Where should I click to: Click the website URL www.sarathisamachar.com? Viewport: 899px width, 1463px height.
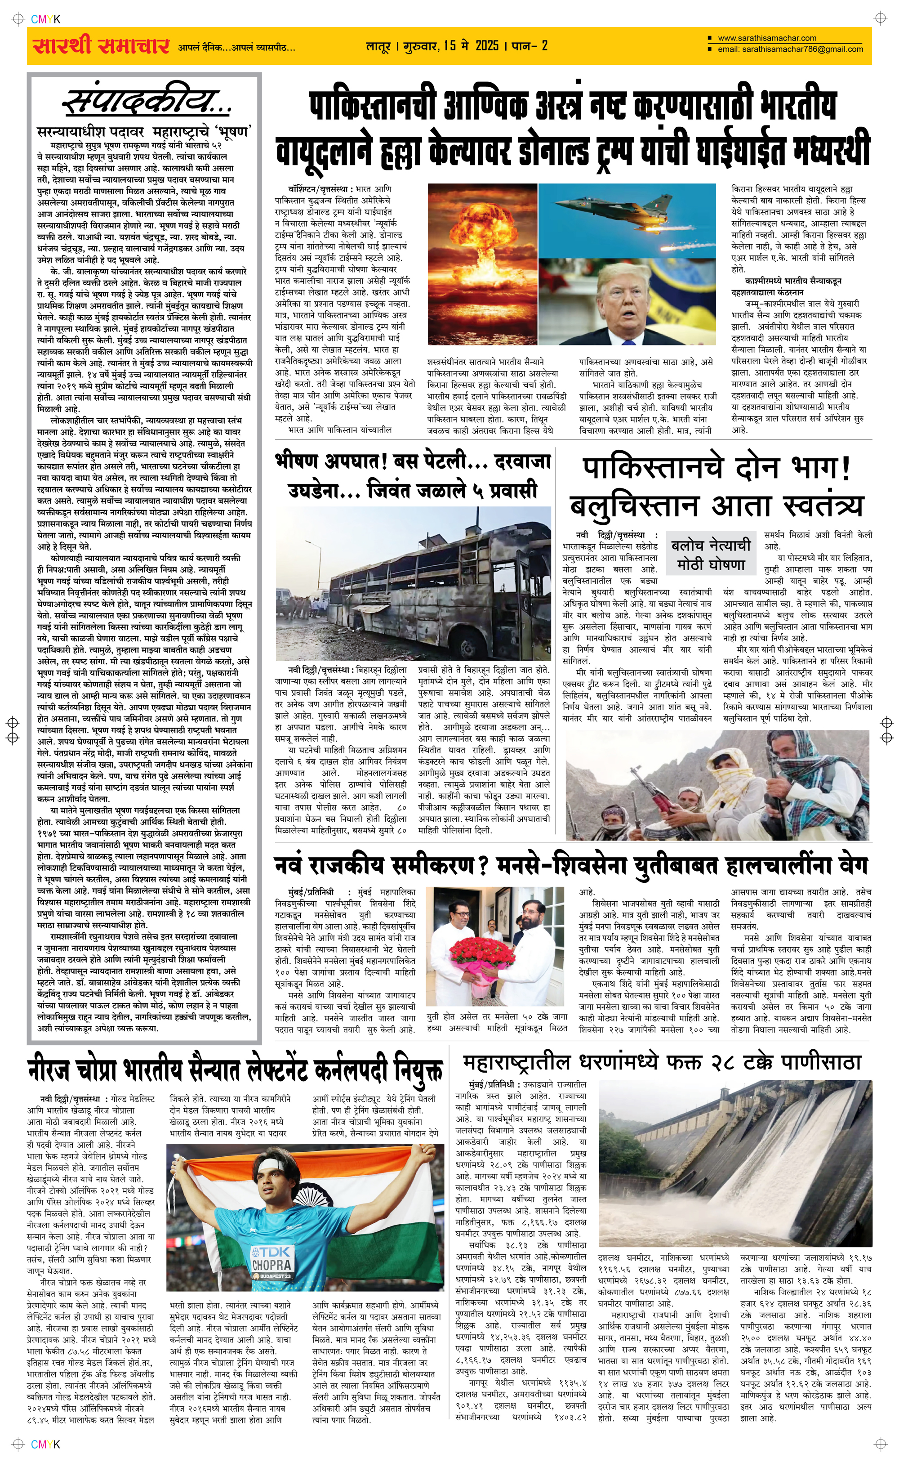click(x=767, y=38)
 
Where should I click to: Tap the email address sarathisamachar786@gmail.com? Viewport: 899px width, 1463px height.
click(x=790, y=49)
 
